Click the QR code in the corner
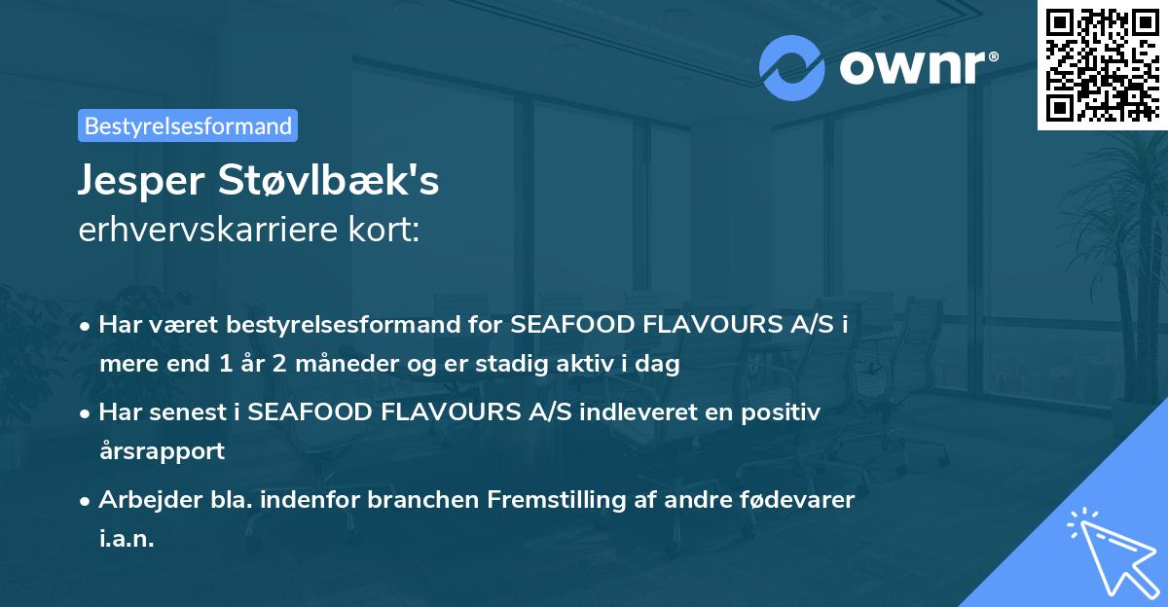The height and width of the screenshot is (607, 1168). (1102, 64)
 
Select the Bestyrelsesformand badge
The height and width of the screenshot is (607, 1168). (188, 125)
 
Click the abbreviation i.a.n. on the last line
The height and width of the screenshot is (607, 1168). (127, 539)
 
